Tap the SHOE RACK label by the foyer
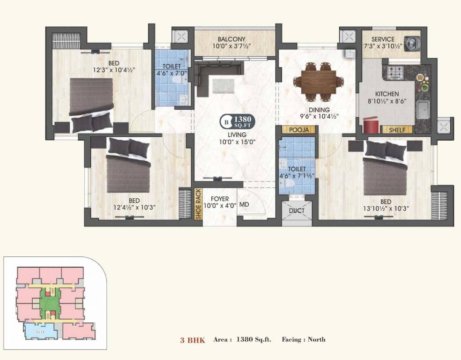198,204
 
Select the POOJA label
297,130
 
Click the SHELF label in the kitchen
397,130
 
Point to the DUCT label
296,210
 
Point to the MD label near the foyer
244,205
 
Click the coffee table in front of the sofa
223,86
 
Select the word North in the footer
317,339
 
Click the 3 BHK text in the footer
193,340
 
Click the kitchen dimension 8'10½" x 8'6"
387,101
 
